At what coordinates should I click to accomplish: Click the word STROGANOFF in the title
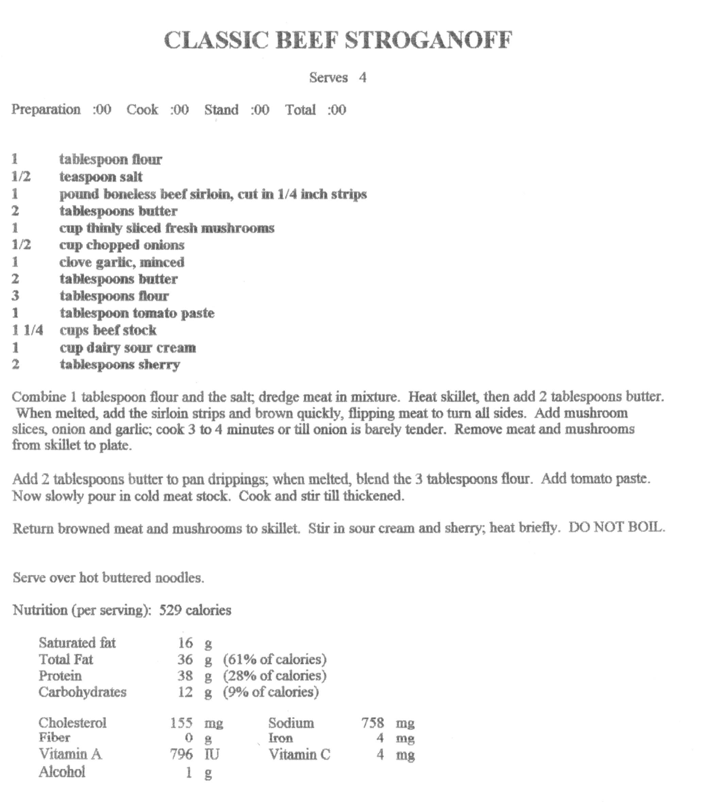(428, 40)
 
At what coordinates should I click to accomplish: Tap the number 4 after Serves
(363, 78)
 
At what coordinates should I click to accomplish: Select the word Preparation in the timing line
(46, 109)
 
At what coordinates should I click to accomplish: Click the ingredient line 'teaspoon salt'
(101, 177)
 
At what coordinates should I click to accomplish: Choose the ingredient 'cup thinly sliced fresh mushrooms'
(167, 228)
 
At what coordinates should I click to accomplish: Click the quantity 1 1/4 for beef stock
(28, 330)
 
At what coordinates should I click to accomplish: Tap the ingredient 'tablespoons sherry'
(120, 364)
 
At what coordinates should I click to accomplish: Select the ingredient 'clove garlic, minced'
(122, 262)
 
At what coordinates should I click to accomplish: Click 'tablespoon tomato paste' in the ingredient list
(137, 313)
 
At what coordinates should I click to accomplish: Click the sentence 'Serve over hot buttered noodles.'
(109, 578)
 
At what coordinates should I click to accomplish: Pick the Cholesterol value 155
(181, 723)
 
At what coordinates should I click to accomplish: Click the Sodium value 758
(372, 723)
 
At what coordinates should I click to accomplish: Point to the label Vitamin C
(299, 754)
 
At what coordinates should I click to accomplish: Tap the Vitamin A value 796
(181, 754)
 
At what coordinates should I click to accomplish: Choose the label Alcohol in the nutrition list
(62, 772)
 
